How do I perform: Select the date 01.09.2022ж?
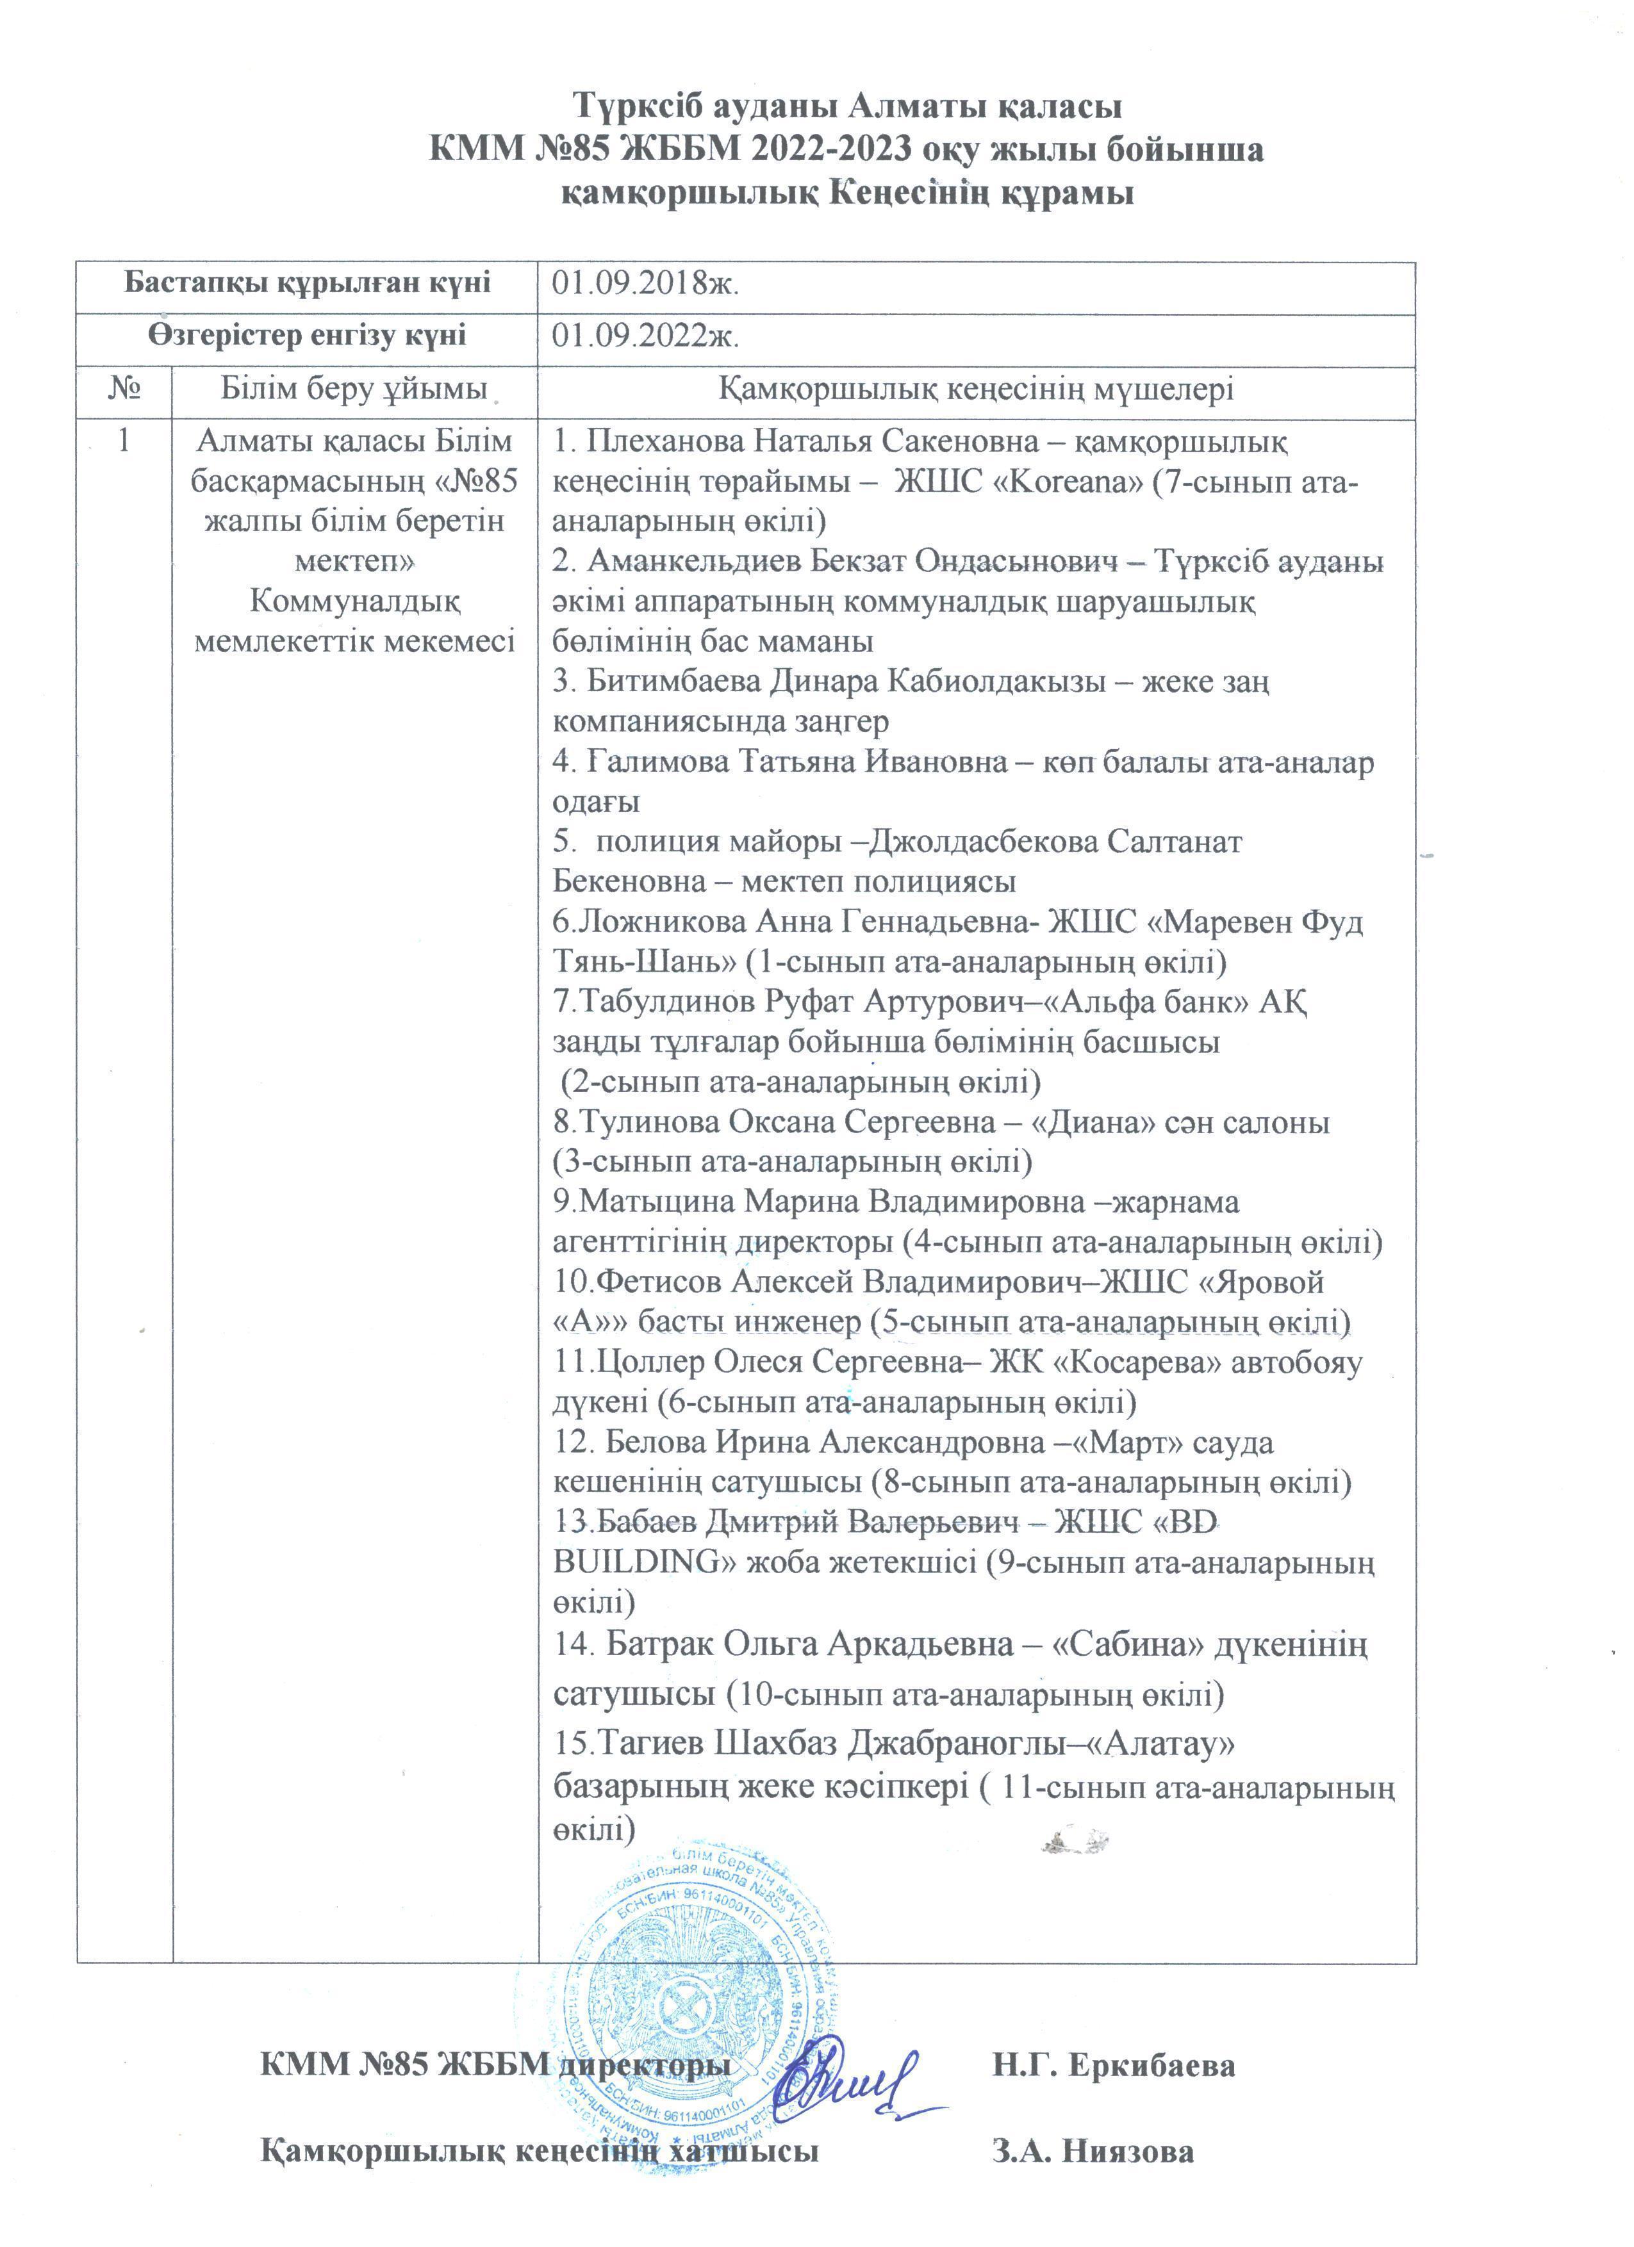[x=646, y=337]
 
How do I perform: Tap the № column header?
[x=124, y=388]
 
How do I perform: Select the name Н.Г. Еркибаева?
[x=1114, y=2066]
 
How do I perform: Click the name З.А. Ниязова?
[x=1093, y=2152]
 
